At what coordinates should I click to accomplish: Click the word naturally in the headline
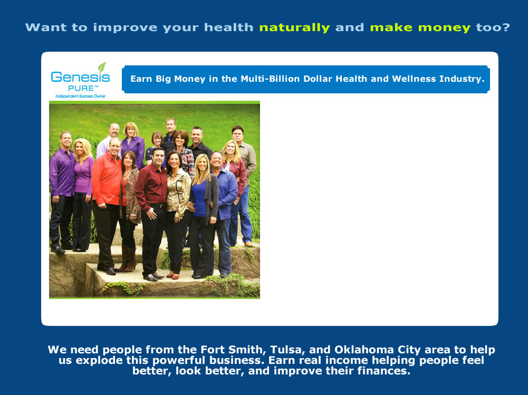point(294,27)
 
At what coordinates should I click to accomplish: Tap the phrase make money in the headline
point(420,27)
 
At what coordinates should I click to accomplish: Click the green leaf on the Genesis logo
point(102,68)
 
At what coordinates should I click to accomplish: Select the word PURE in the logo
point(81,88)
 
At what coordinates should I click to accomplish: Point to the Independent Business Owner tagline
point(81,97)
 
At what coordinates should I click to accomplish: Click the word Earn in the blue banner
point(139,79)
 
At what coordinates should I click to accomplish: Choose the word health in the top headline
point(228,27)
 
